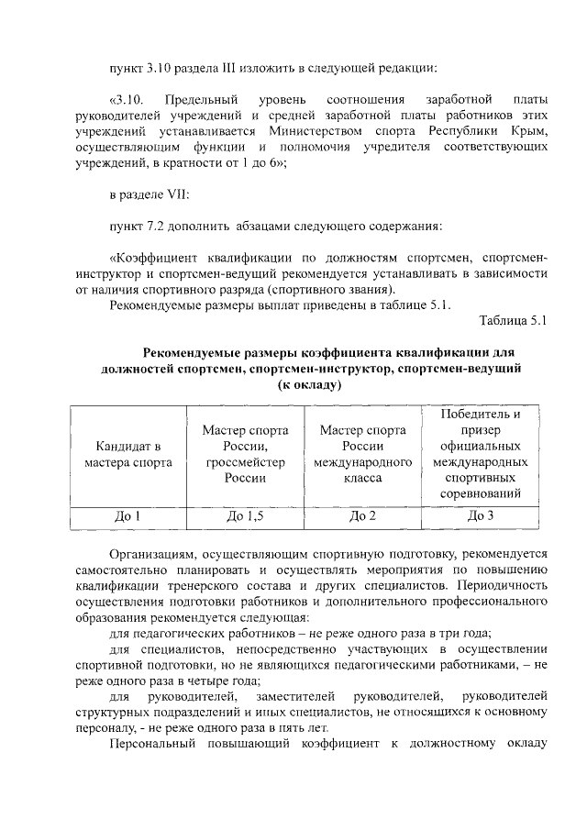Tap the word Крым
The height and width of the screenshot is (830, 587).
coord(530,131)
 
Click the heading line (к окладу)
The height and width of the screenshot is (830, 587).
coord(311,385)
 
